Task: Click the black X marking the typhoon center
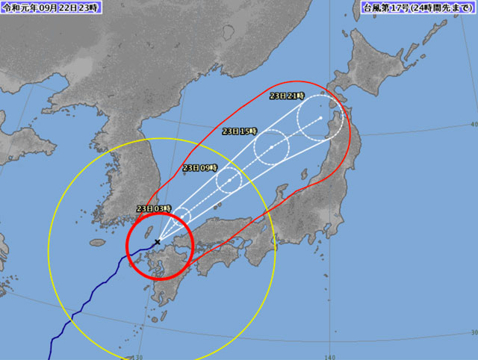pyautogui.click(x=158, y=242)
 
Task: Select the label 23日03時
pyautogui.click(x=155, y=208)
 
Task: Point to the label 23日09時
pyautogui.click(x=199, y=167)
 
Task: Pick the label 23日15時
pyautogui.click(x=240, y=131)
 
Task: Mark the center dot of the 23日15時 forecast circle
pyautogui.click(x=271, y=146)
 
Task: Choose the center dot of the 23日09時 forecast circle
pyautogui.click(x=228, y=180)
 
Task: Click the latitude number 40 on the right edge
pyautogui.click(x=474, y=124)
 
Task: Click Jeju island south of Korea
pyautogui.click(x=97, y=243)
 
